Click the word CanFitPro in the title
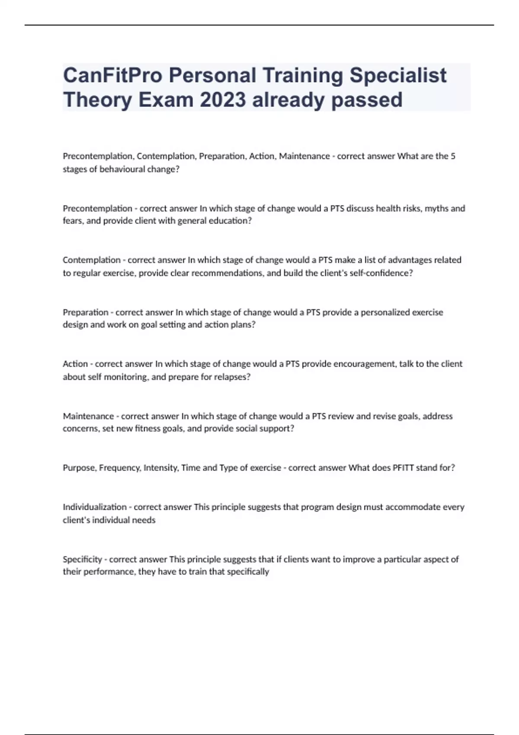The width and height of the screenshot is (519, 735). click(112, 75)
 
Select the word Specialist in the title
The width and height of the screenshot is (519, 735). click(398, 75)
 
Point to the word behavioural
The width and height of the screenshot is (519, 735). click(123, 169)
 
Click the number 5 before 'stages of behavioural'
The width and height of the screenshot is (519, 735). click(453, 156)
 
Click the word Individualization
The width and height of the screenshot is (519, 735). click(94, 507)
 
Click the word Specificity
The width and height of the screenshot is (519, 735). click(82, 559)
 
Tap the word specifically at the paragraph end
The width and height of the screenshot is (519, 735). click(246, 572)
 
